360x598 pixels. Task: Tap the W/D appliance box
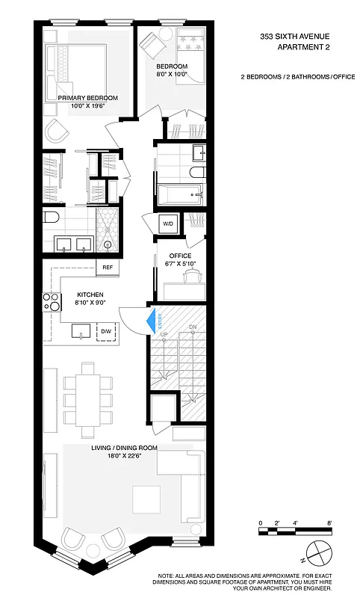pyautogui.click(x=168, y=223)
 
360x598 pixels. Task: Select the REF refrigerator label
pyautogui.click(x=108, y=267)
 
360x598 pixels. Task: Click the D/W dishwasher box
pyautogui.click(x=107, y=331)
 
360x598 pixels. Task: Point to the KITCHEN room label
pyautogui.click(x=89, y=295)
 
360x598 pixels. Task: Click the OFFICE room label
pyautogui.click(x=180, y=256)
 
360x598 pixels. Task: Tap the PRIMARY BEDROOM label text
pyautogui.click(x=88, y=98)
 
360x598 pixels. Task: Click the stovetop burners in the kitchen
pyautogui.click(x=52, y=302)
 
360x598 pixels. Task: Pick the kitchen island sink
pyautogui.click(x=79, y=330)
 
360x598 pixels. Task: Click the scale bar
pyautogui.click(x=295, y=531)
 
